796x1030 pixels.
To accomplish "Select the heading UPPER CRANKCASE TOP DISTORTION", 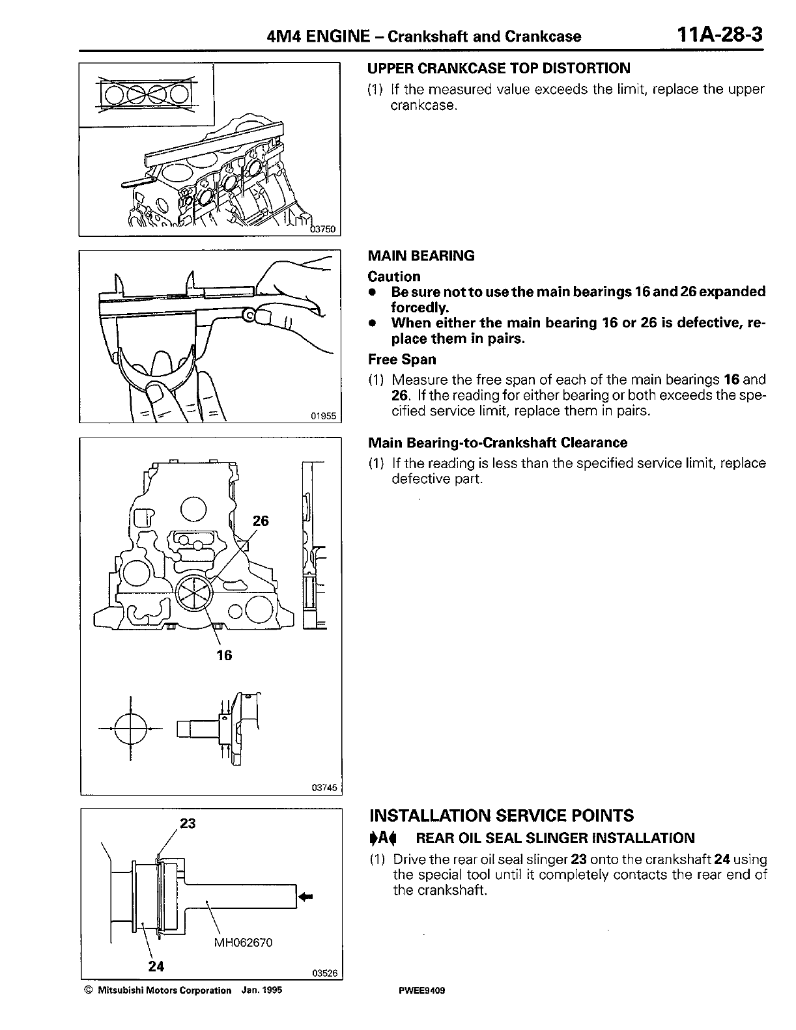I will click(x=499, y=68).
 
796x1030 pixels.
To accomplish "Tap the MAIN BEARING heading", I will click(x=421, y=256).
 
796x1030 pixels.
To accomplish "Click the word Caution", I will click(x=394, y=277).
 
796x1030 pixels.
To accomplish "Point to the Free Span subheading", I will click(x=402, y=359).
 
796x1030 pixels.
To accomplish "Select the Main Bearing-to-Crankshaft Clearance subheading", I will click(x=498, y=443).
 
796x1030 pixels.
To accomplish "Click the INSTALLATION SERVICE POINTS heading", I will click(x=501, y=816).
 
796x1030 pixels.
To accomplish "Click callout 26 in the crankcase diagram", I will click(x=261, y=521).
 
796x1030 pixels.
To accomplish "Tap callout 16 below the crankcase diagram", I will click(x=224, y=656).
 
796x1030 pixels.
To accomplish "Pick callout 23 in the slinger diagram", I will click(x=188, y=824).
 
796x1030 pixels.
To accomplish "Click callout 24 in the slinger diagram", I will click(x=156, y=966).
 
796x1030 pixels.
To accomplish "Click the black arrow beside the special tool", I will click(x=305, y=897).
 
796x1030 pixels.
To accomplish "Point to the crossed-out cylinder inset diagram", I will click(x=146, y=95).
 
